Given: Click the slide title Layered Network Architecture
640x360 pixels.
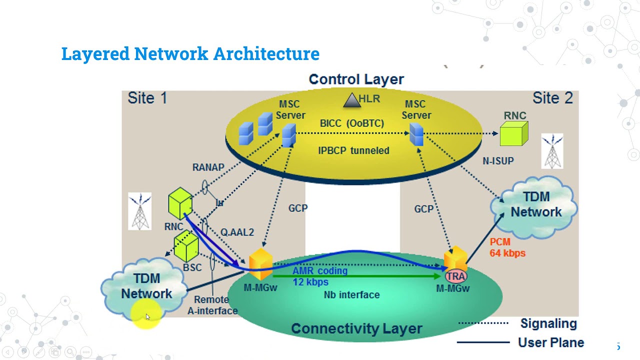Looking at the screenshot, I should point(190,53).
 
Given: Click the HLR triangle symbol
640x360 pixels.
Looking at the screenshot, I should point(352,100).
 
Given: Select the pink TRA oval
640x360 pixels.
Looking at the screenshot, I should point(455,276).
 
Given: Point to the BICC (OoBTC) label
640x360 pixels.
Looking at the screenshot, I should point(352,123).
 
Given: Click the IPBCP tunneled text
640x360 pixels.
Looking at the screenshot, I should point(353,150).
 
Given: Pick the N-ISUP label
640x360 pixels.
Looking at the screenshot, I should point(498,161).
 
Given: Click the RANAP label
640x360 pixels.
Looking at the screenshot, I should point(208,167).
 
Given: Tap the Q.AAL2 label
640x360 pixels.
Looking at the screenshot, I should point(237,232).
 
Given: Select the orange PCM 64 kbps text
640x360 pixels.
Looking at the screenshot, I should point(507,247).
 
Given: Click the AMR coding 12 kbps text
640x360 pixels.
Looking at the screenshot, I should point(319,276).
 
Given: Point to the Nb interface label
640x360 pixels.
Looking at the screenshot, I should point(351,295).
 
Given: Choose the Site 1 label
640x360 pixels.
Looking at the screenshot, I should point(147,98).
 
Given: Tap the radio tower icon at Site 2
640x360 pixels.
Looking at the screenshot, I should point(552,151).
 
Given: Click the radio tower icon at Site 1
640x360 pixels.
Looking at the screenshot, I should point(140,211).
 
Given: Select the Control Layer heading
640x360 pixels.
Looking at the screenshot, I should point(356,79).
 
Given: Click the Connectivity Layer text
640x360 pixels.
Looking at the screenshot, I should point(356,328).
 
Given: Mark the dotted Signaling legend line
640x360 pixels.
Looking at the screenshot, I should point(483,323).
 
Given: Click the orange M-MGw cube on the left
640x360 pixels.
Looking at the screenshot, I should point(260,263).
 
